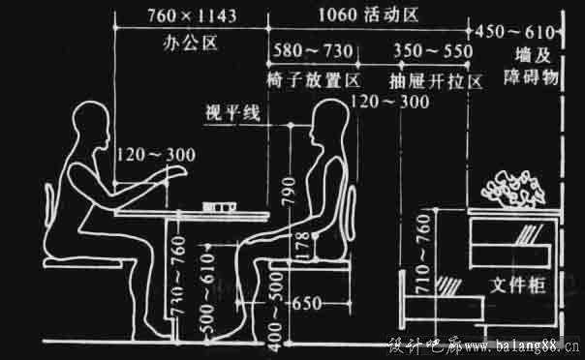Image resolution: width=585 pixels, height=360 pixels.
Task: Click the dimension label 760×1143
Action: point(195,17)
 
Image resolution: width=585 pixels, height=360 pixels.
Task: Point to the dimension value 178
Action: point(301,249)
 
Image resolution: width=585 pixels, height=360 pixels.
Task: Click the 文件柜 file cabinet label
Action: point(514,286)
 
